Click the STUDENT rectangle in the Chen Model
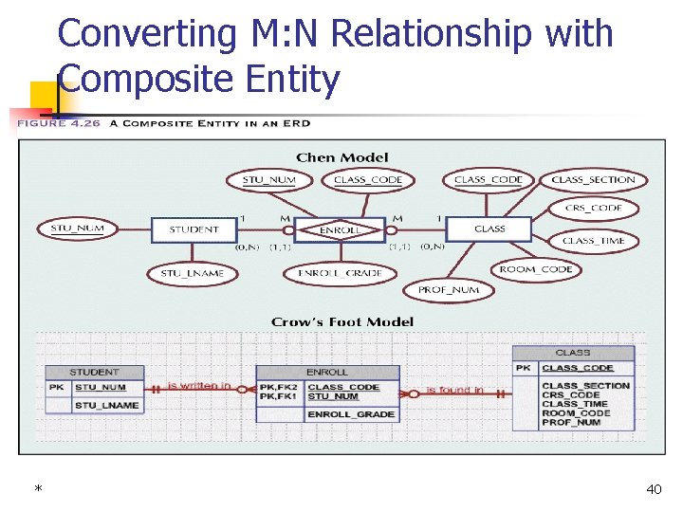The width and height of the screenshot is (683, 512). pyautogui.click(x=193, y=229)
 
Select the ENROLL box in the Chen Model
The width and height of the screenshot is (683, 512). pyautogui.click(x=340, y=230)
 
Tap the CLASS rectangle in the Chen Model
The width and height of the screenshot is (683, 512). pyautogui.click(x=489, y=229)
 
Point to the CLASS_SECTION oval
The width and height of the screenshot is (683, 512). pyautogui.click(x=593, y=180)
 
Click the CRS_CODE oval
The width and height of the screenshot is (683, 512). pyautogui.click(x=593, y=209)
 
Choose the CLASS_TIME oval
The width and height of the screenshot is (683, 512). pyautogui.click(x=593, y=241)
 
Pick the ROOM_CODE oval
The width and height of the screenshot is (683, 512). pyautogui.click(x=536, y=269)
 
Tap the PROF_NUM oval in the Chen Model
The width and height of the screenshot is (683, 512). pyautogui.click(x=449, y=290)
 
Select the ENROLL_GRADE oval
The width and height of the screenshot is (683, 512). pyautogui.click(x=340, y=274)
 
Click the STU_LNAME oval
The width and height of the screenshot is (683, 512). pyautogui.click(x=193, y=274)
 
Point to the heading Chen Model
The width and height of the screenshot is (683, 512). pyautogui.click(x=342, y=157)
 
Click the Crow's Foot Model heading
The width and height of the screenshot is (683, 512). pyautogui.click(x=342, y=322)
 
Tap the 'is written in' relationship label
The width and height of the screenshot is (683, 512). pyautogui.click(x=199, y=386)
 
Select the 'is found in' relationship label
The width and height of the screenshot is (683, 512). pyautogui.click(x=454, y=390)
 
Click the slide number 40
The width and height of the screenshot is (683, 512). pyautogui.click(x=654, y=489)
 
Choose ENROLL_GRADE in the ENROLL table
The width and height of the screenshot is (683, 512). pyautogui.click(x=351, y=414)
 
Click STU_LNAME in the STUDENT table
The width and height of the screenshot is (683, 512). pyautogui.click(x=107, y=405)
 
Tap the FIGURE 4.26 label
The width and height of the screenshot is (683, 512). pyautogui.click(x=55, y=123)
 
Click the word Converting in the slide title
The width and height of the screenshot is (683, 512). pyautogui.click(x=147, y=34)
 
